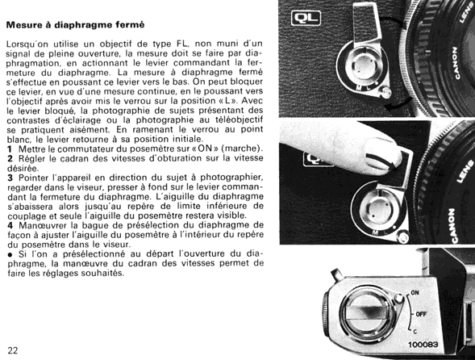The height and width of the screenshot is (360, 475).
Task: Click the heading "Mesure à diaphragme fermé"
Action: coord(76,25)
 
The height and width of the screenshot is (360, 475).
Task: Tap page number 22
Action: coord(13,350)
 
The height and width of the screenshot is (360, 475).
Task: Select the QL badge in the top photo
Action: coord(306,18)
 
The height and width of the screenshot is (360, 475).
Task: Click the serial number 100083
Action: coord(423,345)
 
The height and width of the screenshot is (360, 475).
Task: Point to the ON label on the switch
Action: coord(415,293)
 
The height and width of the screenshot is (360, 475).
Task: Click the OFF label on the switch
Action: coord(421,314)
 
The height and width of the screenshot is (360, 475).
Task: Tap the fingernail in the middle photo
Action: coord(383,155)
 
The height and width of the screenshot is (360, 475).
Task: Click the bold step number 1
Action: coord(10,149)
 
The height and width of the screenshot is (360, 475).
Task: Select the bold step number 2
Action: coord(10,158)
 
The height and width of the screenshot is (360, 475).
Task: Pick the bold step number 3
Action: coord(10,178)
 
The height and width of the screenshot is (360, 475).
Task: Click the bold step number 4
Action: coord(10,225)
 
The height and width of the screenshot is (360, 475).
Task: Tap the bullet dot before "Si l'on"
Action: coord(10,254)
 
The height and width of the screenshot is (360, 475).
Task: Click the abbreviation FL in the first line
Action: coord(183,44)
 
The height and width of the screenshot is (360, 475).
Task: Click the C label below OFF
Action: coord(415,332)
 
